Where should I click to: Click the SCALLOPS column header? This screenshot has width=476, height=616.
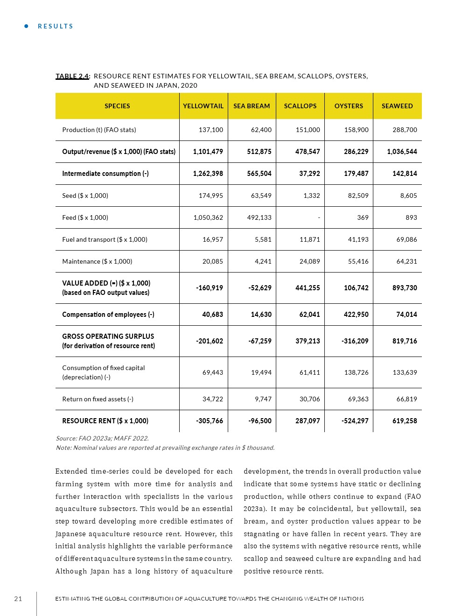[300, 106]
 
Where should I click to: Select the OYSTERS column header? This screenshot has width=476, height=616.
[349, 106]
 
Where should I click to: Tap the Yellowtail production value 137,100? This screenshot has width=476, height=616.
[211, 130]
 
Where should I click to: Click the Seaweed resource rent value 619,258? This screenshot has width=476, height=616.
[405, 421]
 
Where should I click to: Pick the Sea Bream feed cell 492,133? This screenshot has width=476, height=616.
[259, 217]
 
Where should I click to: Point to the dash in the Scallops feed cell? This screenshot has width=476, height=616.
[319, 218]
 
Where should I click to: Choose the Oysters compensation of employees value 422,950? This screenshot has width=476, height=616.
[356, 315]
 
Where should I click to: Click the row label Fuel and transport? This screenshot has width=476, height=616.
[105, 239]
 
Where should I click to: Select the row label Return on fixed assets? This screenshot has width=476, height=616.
[98, 399]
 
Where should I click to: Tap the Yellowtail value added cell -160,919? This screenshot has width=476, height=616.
[210, 288]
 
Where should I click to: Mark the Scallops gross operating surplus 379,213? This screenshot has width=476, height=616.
[308, 341]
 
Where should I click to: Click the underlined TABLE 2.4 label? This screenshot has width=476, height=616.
[72, 76]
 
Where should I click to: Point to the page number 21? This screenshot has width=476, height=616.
[18, 599]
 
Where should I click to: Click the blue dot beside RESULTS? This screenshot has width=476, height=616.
[27, 26]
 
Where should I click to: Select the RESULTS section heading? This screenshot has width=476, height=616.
[56, 26]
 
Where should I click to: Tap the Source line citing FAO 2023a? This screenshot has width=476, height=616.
[102, 438]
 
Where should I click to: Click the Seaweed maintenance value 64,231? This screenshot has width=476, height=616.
[406, 261]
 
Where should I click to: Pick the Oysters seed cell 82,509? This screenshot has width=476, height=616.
[358, 196]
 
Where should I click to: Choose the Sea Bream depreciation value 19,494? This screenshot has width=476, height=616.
[261, 372]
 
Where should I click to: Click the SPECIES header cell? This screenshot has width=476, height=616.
[117, 106]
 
